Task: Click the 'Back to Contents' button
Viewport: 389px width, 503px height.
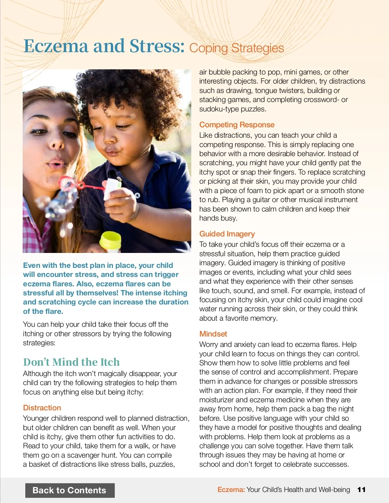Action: pyautogui.click(x=70, y=490)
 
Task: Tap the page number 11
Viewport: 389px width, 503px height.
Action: pyautogui.click(x=361, y=489)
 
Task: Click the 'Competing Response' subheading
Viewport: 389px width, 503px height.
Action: pyautogui.click(x=237, y=125)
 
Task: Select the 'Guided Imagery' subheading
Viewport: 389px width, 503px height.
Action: pyautogui.click(x=227, y=234)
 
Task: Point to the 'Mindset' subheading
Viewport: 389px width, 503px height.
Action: pyautogui.click(x=213, y=334)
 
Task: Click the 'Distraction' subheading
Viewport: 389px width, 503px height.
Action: pyautogui.click(x=42, y=408)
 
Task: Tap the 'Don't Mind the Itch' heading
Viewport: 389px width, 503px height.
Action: pyautogui.click(x=71, y=362)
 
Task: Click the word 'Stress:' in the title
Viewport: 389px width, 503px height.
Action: pyautogui.click(x=157, y=46)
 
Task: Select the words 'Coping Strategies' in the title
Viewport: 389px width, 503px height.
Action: pyautogui.click(x=236, y=48)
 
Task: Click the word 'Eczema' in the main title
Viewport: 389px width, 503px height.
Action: pyautogui.click(x=56, y=46)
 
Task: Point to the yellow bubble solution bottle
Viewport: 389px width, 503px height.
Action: pyautogui.click(x=110, y=242)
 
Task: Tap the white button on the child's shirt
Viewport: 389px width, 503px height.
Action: pyautogui.click(x=137, y=195)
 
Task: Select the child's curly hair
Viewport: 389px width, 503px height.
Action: pyautogui.click(x=130, y=91)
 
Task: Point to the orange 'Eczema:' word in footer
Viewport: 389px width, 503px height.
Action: pyautogui.click(x=231, y=489)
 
